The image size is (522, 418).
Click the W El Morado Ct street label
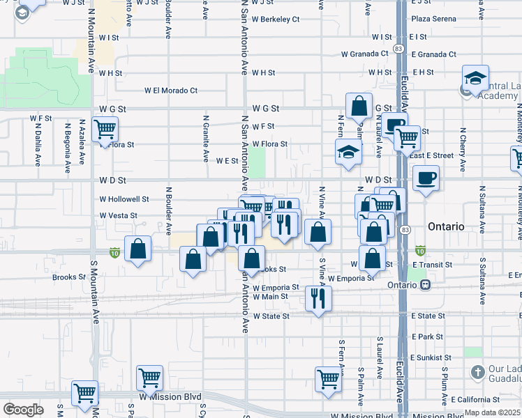click(x=171, y=90)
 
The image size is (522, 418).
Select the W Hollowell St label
click(x=124, y=199)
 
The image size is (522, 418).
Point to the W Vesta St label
click(x=118, y=215)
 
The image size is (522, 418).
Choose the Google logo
click(x=23, y=410)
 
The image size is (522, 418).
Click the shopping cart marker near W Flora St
click(x=105, y=129)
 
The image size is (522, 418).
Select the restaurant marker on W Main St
click(x=318, y=298)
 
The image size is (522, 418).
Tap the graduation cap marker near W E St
click(x=347, y=153)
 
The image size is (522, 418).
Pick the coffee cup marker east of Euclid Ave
click(x=425, y=178)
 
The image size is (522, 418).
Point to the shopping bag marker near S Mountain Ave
click(x=138, y=249)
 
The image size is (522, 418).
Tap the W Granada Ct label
click(x=364, y=54)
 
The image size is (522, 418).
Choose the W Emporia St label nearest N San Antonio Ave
click(x=276, y=287)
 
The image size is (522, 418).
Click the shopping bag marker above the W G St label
click(x=359, y=107)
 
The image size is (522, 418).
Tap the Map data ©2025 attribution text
click(x=493, y=412)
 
